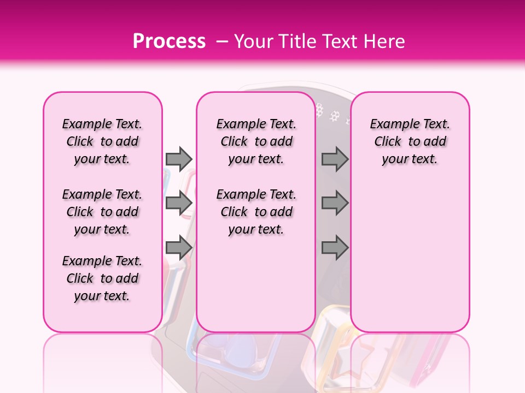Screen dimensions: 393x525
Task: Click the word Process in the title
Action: pos(169,41)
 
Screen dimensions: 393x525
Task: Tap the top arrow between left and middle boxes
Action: pos(179,159)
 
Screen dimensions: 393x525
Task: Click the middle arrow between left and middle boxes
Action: pos(179,203)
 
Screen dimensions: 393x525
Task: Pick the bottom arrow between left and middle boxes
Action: pos(179,248)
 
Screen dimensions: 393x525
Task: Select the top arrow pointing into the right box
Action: pos(335,159)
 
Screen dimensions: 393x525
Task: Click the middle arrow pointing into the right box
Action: pos(335,203)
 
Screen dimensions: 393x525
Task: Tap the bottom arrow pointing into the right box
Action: pos(335,248)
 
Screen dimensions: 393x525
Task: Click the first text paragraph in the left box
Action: pos(102,141)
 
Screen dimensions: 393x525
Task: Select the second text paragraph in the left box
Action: pos(102,212)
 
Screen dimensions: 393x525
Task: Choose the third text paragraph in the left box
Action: pos(102,278)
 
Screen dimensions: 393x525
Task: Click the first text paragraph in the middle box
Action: pos(256,141)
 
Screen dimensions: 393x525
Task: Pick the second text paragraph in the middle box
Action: pos(256,212)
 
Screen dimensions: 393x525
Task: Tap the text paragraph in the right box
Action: pos(410,141)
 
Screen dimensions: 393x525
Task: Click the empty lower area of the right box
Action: pos(410,262)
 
